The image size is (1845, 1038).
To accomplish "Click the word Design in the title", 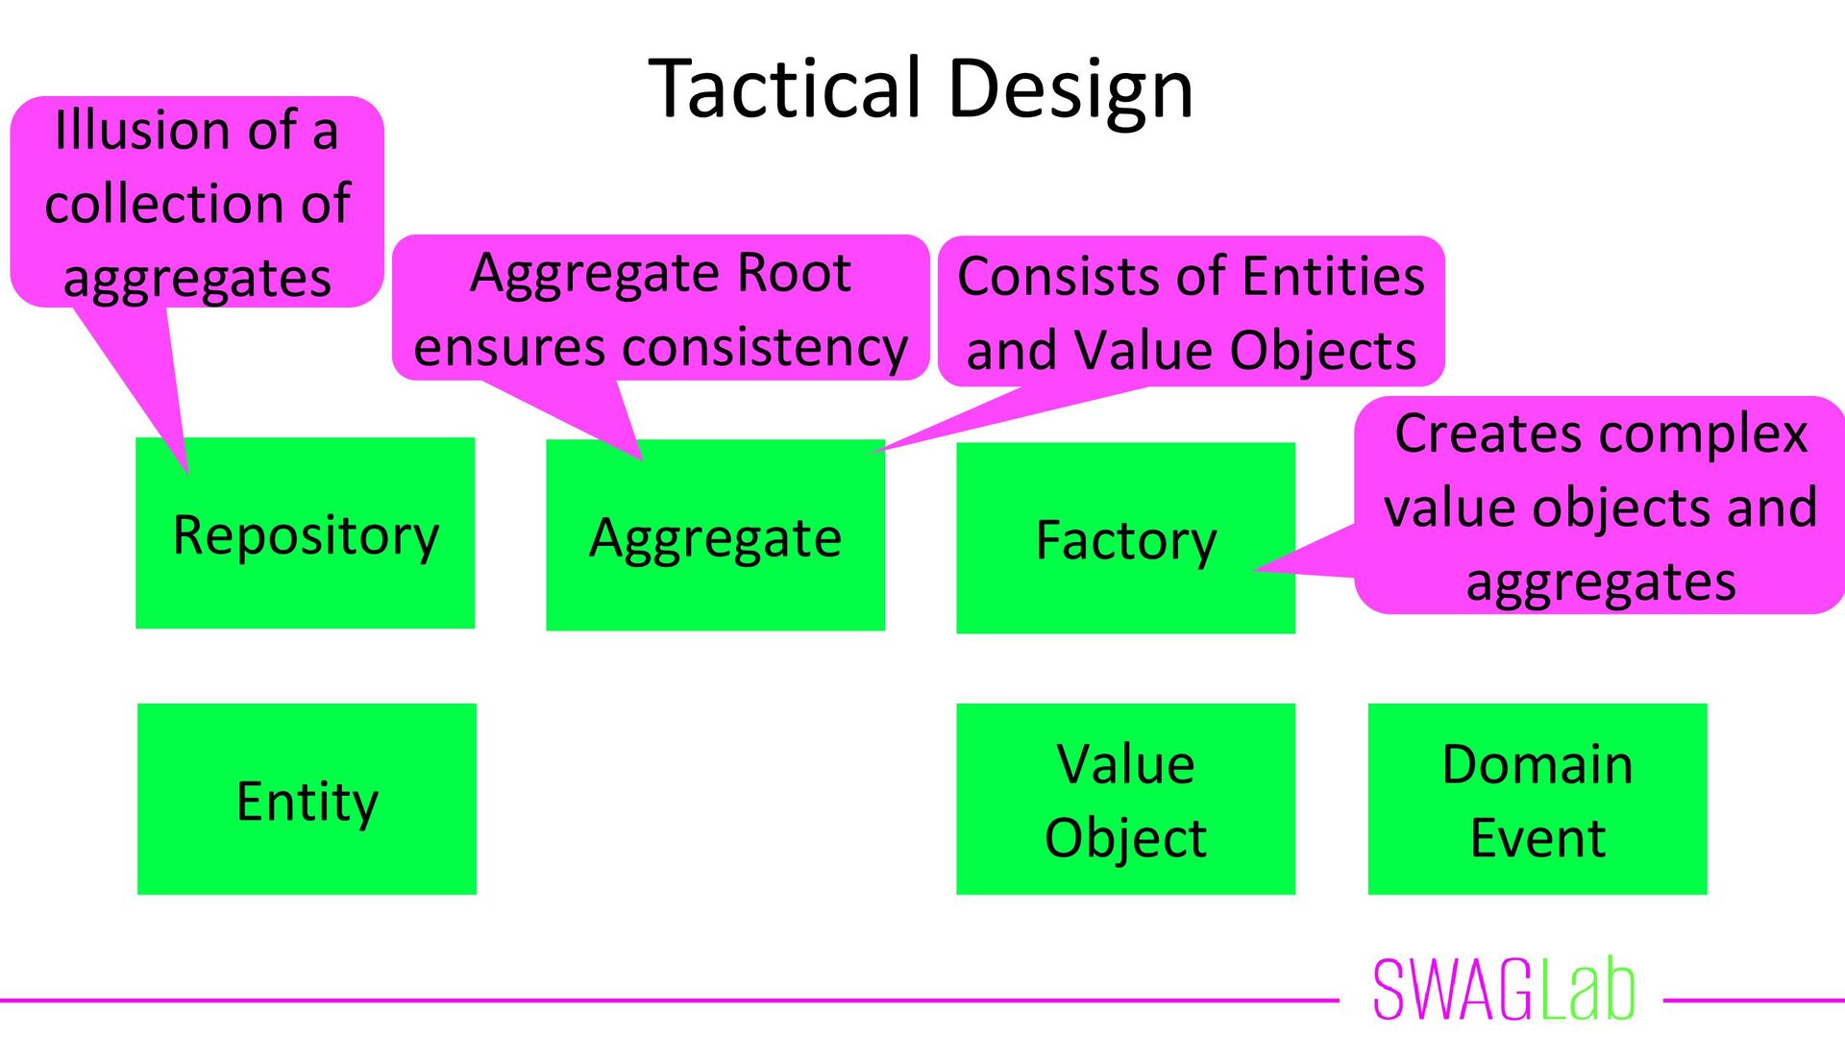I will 1070,88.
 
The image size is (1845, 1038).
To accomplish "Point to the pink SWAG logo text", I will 1453,990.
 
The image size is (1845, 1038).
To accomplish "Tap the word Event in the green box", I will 1537,838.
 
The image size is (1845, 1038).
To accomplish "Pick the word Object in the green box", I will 1125,838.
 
